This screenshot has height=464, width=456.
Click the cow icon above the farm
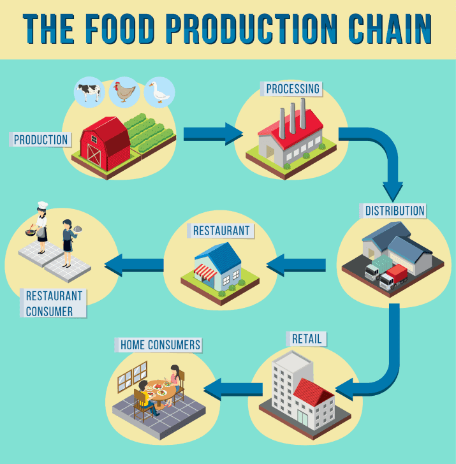pyautogui.click(x=89, y=92)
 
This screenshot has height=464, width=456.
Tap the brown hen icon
pyautogui.click(x=124, y=92)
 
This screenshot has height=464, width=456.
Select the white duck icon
pyautogui.click(x=159, y=92)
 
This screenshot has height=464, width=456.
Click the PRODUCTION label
pyautogui.click(x=41, y=140)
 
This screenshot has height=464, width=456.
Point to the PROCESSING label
pyautogui.click(x=293, y=89)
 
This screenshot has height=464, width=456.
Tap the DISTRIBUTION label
pyautogui.click(x=394, y=211)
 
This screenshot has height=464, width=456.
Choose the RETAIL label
pyautogui.click(x=307, y=339)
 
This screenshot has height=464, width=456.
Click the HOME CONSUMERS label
pyautogui.click(x=160, y=345)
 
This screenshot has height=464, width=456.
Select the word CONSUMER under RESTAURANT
pyautogui.click(x=49, y=312)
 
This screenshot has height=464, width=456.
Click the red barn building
pyautogui.click(x=105, y=143)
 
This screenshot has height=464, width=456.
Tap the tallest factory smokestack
pyautogui.click(x=302, y=113)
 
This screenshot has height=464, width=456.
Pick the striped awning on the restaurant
pyautogui.click(x=205, y=272)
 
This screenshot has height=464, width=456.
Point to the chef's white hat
pyautogui.click(x=43, y=205)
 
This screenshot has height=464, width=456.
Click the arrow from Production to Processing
pyautogui.click(x=213, y=134)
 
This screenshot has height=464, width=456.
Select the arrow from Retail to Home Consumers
pyautogui.click(x=233, y=389)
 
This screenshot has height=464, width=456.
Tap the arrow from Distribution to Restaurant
pyautogui.click(x=296, y=265)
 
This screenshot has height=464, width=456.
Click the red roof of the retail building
pyautogui.click(x=313, y=392)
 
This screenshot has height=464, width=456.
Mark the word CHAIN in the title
pyautogui.click(x=390, y=29)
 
